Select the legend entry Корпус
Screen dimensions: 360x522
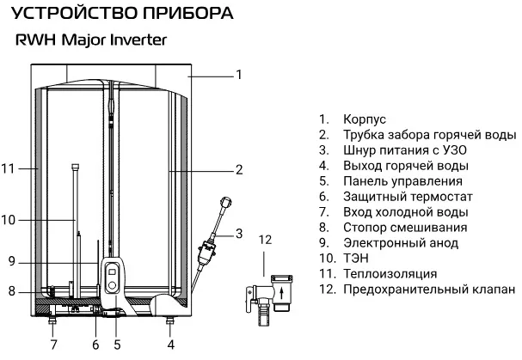(x=363, y=119)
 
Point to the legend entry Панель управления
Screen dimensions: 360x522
(x=402, y=180)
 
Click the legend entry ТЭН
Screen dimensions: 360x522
(x=356, y=259)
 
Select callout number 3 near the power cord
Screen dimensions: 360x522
(x=239, y=232)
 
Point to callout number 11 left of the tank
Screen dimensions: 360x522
(x=9, y=168)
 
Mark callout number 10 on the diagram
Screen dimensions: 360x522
(x=9, y=220)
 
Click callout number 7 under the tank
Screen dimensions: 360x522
(x=53, y=345)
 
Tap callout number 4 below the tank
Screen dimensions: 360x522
(x=170, y=345)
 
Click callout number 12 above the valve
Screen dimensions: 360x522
(x=265, y=239)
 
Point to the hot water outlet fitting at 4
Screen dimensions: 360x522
(x=170, y=323)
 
